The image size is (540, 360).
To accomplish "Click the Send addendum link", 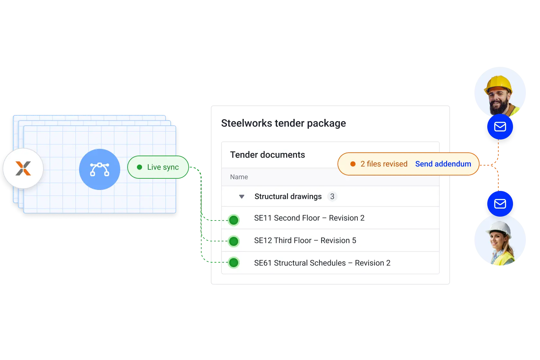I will tap(443, 164).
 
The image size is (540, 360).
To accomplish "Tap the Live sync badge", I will tap(158, 167).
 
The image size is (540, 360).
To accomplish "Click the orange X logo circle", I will tap(23, 168).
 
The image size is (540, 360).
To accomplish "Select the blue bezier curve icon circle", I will tap(100, 169).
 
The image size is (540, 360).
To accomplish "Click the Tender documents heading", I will tap(267, 155).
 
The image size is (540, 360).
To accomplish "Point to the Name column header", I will tap(239, 177).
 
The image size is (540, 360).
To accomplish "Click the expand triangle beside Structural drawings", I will tap(242, 196).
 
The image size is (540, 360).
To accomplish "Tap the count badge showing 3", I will tap(332, 196).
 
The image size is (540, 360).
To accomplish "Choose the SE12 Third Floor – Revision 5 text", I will tap(305, 240).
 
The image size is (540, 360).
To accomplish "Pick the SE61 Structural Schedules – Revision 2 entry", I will tap(322, 263).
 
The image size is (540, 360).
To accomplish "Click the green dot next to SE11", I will tap(234, 220).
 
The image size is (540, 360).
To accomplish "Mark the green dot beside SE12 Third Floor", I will tap(234, 241).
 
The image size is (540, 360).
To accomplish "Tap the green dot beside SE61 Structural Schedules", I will tap(234, 263).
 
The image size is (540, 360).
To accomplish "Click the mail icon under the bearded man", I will tap(500, 127).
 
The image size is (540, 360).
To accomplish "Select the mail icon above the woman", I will tap(500, 204).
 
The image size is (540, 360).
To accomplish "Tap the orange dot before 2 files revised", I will tap(353, 164).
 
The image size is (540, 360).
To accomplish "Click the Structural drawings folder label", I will tap(288, 196).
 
